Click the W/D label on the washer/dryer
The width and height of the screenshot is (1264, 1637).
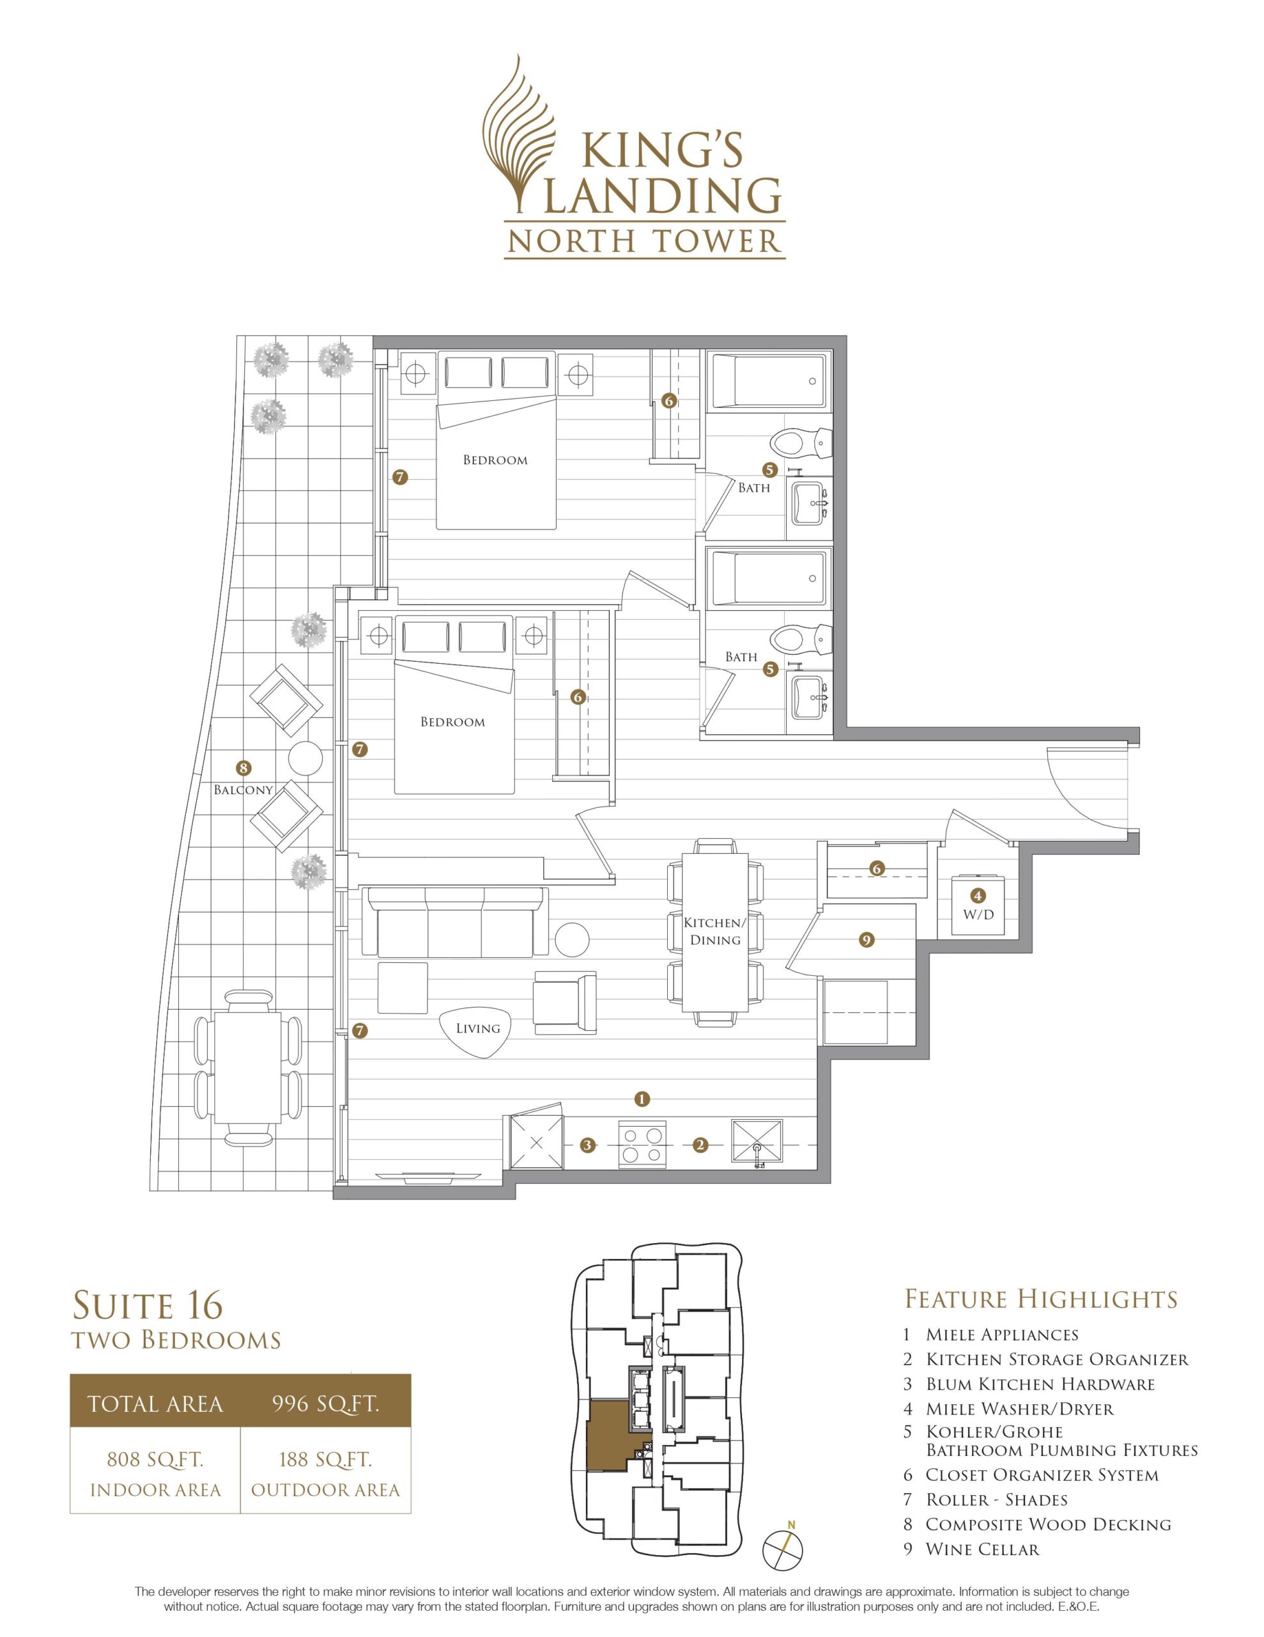(x=978, y=914)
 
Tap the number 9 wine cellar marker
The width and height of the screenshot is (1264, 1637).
(x=867, y=939)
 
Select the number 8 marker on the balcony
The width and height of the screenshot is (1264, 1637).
(x=243, y=767)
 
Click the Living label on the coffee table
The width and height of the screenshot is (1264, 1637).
(x=477, y=1028)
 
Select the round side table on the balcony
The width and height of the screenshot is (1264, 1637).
(x=305, y=758)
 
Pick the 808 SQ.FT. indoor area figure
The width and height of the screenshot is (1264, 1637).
(x=155, y=1459)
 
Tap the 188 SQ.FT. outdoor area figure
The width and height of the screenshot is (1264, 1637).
(x=325, y=1459)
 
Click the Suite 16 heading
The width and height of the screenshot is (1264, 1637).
(x=148, y=1305)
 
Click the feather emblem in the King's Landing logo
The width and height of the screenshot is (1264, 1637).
(x=520, y=135)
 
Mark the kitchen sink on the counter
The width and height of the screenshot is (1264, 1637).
(x=757, y=1143)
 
